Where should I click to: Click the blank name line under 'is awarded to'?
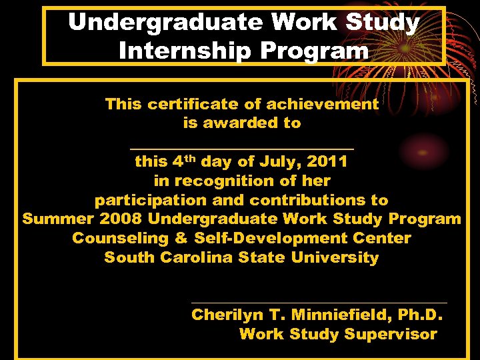pos(241,149)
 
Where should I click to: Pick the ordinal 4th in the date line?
pos(184,161)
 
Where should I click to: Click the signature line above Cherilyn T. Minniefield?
pos(319,303)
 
